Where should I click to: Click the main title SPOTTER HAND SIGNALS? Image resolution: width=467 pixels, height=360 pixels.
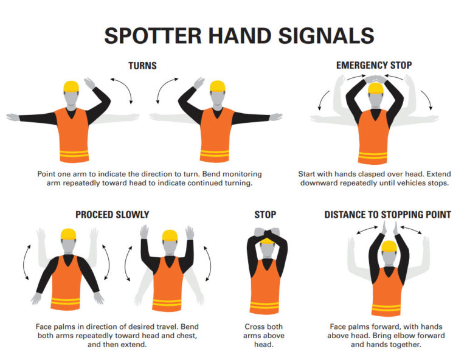[238, 35]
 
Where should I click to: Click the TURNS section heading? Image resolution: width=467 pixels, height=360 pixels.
[142, 65]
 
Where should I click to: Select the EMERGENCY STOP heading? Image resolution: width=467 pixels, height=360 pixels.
[374, 65]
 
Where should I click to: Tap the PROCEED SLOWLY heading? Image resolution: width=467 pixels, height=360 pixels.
[112, 215]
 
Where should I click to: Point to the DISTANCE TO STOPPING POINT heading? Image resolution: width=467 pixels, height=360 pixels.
[387, 215]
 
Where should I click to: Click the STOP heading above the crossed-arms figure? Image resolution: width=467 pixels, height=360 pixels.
[265, 215]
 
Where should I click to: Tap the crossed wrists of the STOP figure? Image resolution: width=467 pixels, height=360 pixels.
[265, 232]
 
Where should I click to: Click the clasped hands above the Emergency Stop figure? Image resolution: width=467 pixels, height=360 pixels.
[375, 79]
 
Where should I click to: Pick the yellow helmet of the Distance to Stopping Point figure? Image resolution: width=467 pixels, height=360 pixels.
[388, 246]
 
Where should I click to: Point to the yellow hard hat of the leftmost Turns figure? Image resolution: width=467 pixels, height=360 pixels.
[72, 86]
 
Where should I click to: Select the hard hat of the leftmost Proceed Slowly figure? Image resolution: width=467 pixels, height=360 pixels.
[67, 234]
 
